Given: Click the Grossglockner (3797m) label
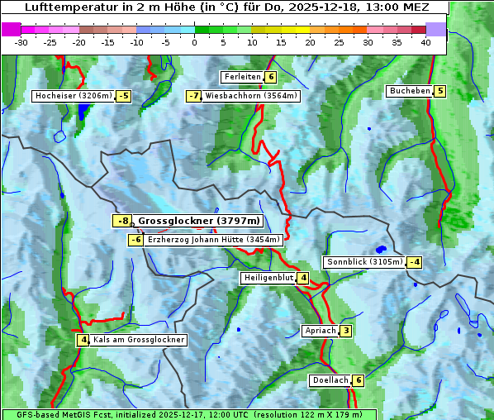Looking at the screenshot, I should pyautogui.click(x=199, y=221).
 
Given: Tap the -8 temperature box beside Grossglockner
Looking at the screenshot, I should pyautogui.click(x=122, y=221).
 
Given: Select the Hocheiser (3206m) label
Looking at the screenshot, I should pyautogui.click(x=74, y=96).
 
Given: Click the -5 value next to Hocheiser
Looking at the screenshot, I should pyautogui.click(x=123, y=96).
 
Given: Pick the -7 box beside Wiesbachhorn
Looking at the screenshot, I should pyautogui.click(x=194, y=96).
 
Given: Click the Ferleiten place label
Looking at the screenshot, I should pyautogui.click(x=242, y=77).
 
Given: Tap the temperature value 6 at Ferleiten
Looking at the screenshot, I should pyautogui.click(x=271, y=77).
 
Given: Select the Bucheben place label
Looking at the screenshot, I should pyautogui.click(x=410, y=91).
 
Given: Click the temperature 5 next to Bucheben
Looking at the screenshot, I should pyautogui.click(x=440, y=91).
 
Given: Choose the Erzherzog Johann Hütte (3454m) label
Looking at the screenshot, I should pyautogui.click(x=215, y=240).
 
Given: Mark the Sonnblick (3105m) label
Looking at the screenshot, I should pyautogui.click(x=364, y=262).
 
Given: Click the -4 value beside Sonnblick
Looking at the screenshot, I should pyautogui.click(x=415, y=262).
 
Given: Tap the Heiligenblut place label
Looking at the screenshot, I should pyautogui.click(x=268, y=278).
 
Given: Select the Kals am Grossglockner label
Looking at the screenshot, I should pyautogui.click(x=138, y=340).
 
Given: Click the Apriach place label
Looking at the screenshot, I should pyautogui.click(x=321, y=331).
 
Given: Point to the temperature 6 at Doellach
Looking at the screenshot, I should pyautogui.click(x=358, y=380).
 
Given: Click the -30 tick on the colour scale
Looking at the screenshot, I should pyautogui.click(x=21, y=42).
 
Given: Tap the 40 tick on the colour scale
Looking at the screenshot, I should pyautogui.click(x=425, y=42).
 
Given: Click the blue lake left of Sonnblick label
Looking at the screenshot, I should pyautogui.click(x=380, y=249).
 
